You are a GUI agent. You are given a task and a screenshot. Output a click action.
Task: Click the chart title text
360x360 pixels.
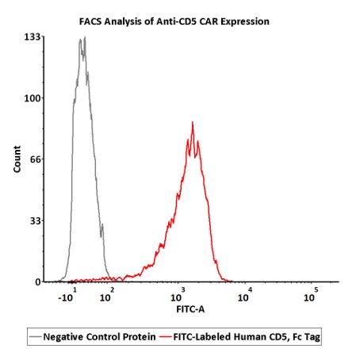pyautogui.click(x=174, y=21)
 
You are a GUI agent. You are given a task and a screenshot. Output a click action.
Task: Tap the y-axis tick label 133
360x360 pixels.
pyautogui.click(x=33, y=37)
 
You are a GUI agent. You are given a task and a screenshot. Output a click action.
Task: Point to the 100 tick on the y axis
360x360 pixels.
pyautogui.click(x=33, y=98)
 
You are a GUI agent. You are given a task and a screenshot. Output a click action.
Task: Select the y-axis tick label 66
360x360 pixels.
pyautogui.click(x=36, y=159)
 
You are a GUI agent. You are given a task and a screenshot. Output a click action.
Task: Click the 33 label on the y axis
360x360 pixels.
pyautogui.click(x=36, y=220)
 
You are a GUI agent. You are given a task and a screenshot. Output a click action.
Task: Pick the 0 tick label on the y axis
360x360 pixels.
pyautogui.click(x=38, y=282)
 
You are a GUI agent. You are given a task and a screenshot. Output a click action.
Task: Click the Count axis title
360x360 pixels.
pyautogui.click(x=17, y=159)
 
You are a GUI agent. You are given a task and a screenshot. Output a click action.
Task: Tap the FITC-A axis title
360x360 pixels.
pyautogui.click(x=190, y=309)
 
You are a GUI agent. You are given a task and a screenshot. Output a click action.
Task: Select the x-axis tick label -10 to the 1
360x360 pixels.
pyautogui.click(x=67, y=295)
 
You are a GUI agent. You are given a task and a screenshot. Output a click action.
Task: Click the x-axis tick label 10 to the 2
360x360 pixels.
pyautogui.click(x=107, y=295)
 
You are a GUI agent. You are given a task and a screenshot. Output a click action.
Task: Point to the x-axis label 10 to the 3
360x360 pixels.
pyautogui.click(x=178, y=295)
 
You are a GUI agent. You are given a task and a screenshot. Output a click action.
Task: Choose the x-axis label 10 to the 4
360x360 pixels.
pyautogui.click(x=245, y=295)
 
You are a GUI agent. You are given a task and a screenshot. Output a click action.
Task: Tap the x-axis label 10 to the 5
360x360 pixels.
pyautogui.click(x=311, y=295)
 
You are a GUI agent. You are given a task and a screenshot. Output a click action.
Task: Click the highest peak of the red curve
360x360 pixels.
pyautogui.click(x=193, y=122)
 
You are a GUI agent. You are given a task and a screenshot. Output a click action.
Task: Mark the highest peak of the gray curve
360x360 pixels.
pyautogui.click(x=85, y=37)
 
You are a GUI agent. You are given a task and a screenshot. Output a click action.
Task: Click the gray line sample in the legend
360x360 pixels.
pyautogui.click(x=36, y=337)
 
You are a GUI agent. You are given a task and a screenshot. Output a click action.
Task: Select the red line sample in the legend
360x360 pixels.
pyautogui.click(x=166, y=337)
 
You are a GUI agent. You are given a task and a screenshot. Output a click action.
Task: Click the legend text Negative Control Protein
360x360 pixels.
pyautogui.click(x=99, y=337)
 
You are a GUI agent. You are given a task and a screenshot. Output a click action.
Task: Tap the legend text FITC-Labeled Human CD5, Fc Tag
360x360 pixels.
pyautogui.click(x=247, y=337)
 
